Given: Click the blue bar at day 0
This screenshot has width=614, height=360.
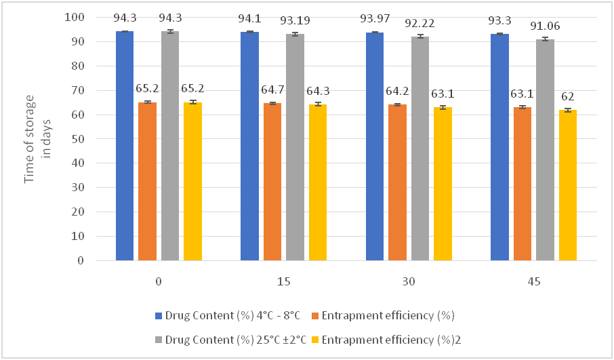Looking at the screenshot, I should click(125, 146).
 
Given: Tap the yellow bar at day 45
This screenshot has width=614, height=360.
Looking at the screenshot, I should click(568, 184).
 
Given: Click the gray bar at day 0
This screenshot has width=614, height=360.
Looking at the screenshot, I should click(170, 146).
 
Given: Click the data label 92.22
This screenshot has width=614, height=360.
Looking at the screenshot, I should click(420, 24).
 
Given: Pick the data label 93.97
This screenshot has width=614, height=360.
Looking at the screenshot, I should click(375, 20).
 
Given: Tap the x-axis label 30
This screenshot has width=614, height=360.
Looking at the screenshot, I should click(409, 281).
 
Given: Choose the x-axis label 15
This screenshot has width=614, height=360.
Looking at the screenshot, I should click(284, 281).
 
